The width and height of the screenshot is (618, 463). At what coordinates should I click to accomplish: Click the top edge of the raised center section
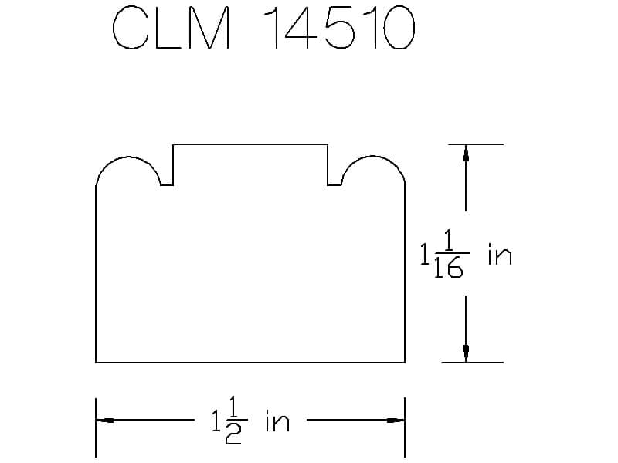tap(250, 144)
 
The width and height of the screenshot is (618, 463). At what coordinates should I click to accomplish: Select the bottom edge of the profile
tap(250, 362)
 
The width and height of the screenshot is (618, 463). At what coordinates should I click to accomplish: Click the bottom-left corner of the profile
tap(96, 362)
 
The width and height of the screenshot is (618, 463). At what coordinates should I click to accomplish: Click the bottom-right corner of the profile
tap(405, 362)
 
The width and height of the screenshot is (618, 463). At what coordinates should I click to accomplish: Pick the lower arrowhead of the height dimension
tap(466, 353)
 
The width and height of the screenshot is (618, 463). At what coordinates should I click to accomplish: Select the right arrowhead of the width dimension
tap(395, 421)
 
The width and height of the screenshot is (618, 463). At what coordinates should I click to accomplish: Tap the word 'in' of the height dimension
tap(499, 255)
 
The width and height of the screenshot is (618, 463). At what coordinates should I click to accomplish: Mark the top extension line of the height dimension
tap(472, 144)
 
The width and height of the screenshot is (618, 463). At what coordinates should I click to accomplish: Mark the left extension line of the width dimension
tap(96, 428)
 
